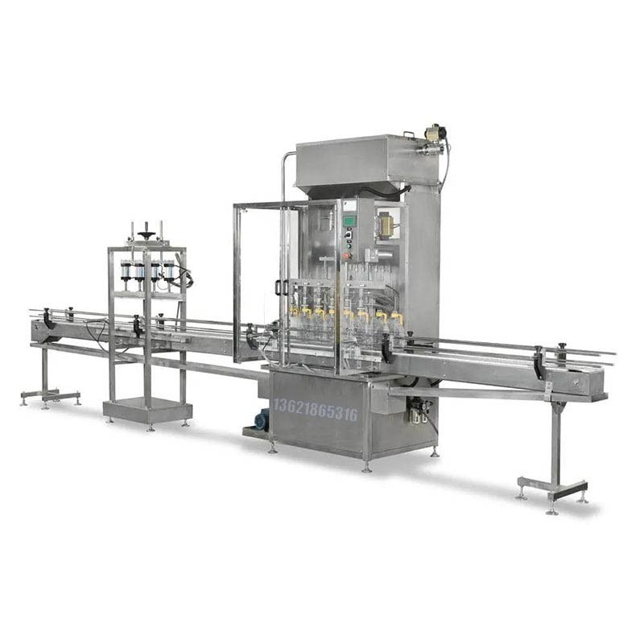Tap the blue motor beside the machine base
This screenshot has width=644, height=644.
(261, 419)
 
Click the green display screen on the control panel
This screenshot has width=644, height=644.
(349, 220)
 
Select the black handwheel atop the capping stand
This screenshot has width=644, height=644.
(147, 235)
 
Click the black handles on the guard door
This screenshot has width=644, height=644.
(279, 287)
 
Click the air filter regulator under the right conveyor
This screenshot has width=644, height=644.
(416, 413)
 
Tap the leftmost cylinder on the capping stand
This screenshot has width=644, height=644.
(126, 271)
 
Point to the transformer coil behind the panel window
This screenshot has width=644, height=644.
(386, 225)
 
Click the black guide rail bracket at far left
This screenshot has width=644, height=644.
(47, 319)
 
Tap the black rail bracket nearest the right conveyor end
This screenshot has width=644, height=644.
(539, 362)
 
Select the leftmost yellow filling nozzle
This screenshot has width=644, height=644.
(295, 310)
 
